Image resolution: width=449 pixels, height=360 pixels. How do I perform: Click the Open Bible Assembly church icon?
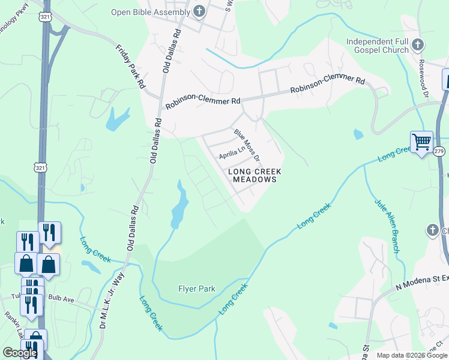tap(199, 11)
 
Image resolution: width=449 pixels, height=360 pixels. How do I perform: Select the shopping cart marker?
tap(421, 142)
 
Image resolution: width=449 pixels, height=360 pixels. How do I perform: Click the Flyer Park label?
tap(196, 289)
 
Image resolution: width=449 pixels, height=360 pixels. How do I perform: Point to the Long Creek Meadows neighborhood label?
tap(255, 175)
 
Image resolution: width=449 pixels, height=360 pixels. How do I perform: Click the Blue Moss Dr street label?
tap(247, 145)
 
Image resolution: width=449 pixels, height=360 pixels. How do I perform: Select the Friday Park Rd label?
tap(130, 66)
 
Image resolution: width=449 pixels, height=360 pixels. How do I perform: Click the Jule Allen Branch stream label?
tap(386, 224)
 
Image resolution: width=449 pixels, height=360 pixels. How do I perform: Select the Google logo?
tap(20, 353)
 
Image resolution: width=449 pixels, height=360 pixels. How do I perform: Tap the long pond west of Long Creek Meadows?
tap(179, 205)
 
